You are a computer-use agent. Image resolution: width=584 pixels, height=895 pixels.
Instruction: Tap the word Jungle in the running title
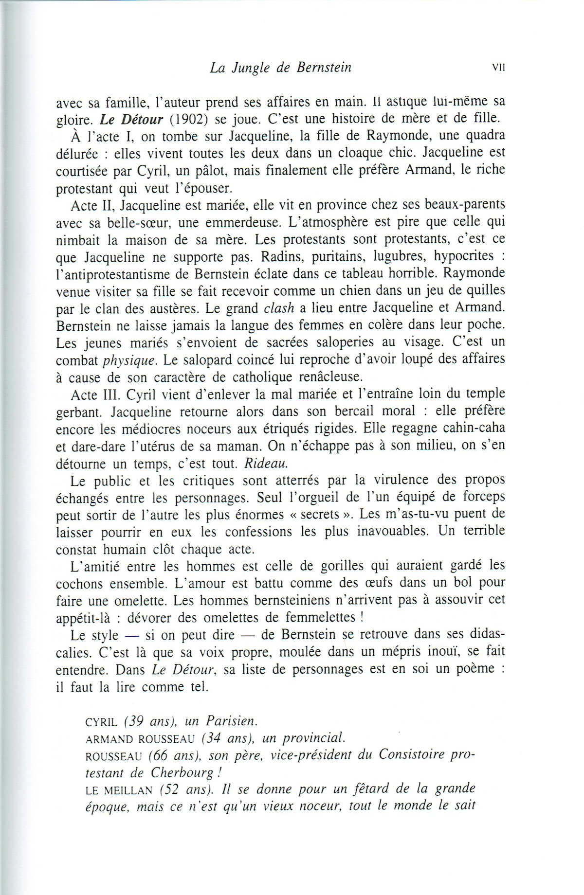(x=252, y=68)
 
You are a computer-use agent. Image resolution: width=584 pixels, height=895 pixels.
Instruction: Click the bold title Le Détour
(x=131, y=118)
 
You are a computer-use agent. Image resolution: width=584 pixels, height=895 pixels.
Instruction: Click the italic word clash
(x=279, y=308)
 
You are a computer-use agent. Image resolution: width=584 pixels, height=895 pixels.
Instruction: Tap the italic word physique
(x=129, y=360)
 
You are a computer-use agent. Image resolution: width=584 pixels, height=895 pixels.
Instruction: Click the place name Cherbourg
(x=182, y=773)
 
